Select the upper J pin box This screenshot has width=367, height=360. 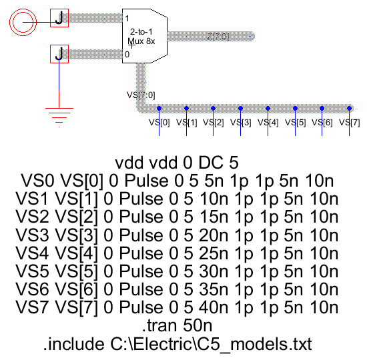point(60,19)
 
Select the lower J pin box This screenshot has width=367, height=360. point(60,53)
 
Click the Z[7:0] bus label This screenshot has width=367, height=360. point(218,37)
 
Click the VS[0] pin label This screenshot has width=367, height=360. point(159,123)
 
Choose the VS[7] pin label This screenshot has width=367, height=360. point(350,123)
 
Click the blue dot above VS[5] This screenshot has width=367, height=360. point(295,108)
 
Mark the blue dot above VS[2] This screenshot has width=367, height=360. point(214,108)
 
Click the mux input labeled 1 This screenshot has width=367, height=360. point(127,17)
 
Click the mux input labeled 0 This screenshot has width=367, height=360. point(127,54)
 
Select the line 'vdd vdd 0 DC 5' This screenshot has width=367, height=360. point(177,163)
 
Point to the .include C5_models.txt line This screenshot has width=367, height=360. point(177,344)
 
